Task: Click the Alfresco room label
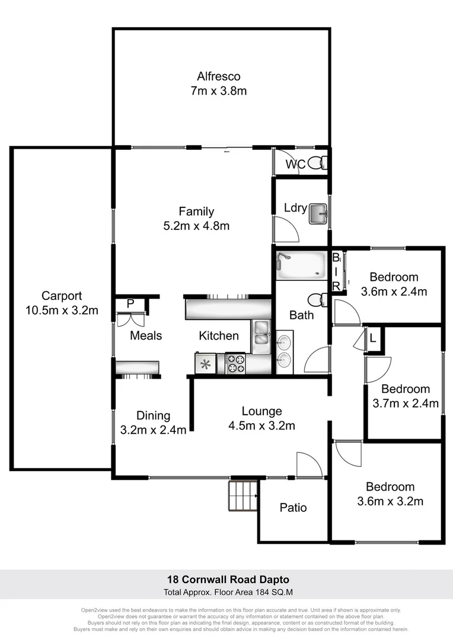click(x=219, y=76)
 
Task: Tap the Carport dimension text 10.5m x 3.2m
click(x=62, y=310)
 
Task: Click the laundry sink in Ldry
click(x=318, y=213)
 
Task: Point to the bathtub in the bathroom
click(x=301, y=265)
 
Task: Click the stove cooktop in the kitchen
click(x=235, y=363)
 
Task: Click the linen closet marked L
click(x=372, y=339)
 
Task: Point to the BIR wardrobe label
click(x=336, y=271)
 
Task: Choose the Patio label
click(x=293, y=508)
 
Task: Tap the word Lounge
click(x=261, y=411)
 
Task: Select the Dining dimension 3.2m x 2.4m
click(x=153, y=430)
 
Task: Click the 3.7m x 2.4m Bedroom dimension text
click(x=406, y=404)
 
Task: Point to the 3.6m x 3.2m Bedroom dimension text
click(x=390, y=501)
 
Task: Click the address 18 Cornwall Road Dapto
click(x=226, y=579)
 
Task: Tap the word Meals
click(x=146, y=335)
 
